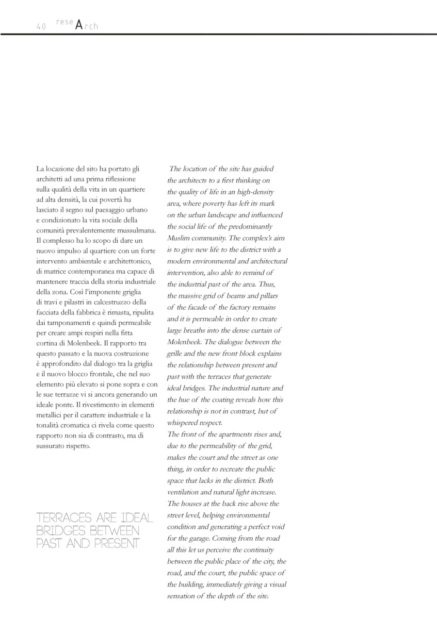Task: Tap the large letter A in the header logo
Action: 78,25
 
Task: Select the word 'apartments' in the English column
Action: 225,435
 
